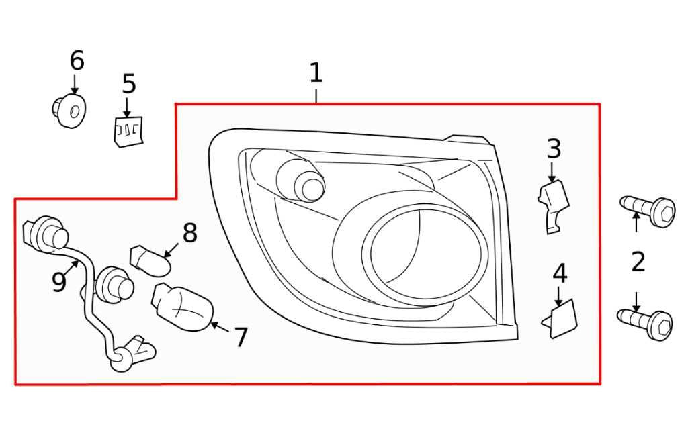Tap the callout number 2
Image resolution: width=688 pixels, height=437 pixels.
(x=638, y=262)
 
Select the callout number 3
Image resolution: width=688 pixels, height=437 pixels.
(x=554, y=148)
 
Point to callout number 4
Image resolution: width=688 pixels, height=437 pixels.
(x=560, y=273)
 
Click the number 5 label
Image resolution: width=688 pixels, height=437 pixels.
(x=128, y=84)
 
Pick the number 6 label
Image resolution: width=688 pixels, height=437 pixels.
(x=77, y=60)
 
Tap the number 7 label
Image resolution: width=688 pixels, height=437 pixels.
(x=241, y=337)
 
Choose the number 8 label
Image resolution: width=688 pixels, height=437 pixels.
(x=189, y=233)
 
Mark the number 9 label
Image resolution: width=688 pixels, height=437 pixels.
(x=59, y=282)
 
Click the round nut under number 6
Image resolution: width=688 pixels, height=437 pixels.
(x=69, y=110)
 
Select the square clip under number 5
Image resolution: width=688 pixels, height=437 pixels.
(x=128, y=132)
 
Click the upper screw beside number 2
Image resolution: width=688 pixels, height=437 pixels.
(x=647, y=211)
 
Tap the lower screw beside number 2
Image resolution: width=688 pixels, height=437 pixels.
(x=644, y=325)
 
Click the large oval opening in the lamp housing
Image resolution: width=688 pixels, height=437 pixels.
(x=425, y=254)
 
